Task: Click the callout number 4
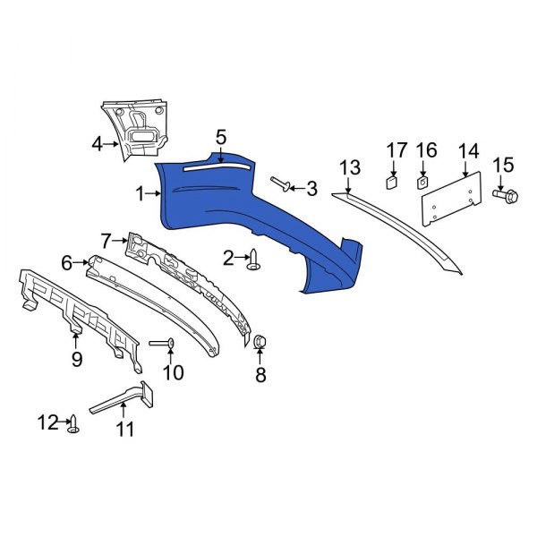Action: coord(98,142)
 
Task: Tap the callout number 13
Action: coord(349,167)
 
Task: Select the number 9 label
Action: coord(76,359)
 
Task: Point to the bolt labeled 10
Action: coord(160,344)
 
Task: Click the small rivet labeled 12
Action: coord(74,423)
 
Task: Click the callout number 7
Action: coord(106,240)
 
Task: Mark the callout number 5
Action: coord(221,137)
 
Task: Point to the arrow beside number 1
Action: coord(153,192)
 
